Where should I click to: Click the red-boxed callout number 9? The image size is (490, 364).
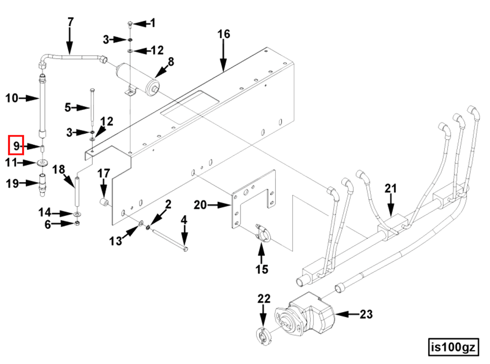16,145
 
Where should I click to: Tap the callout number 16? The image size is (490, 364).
223,34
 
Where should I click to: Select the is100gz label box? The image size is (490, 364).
453,347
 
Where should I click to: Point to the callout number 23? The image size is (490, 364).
366,314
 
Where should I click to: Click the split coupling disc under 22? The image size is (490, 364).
264,337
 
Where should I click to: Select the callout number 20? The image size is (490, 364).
200,205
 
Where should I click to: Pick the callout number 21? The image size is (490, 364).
391,188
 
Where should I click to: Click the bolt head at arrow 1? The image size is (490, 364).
130,23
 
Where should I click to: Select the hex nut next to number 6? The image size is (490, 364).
77,224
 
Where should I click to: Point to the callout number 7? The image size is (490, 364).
70,22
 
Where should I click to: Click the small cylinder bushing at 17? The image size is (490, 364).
104,202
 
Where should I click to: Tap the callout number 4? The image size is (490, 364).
184,220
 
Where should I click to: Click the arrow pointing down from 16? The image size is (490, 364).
223,55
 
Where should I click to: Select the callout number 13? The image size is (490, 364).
115,241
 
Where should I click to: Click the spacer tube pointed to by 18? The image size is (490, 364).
77,191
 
